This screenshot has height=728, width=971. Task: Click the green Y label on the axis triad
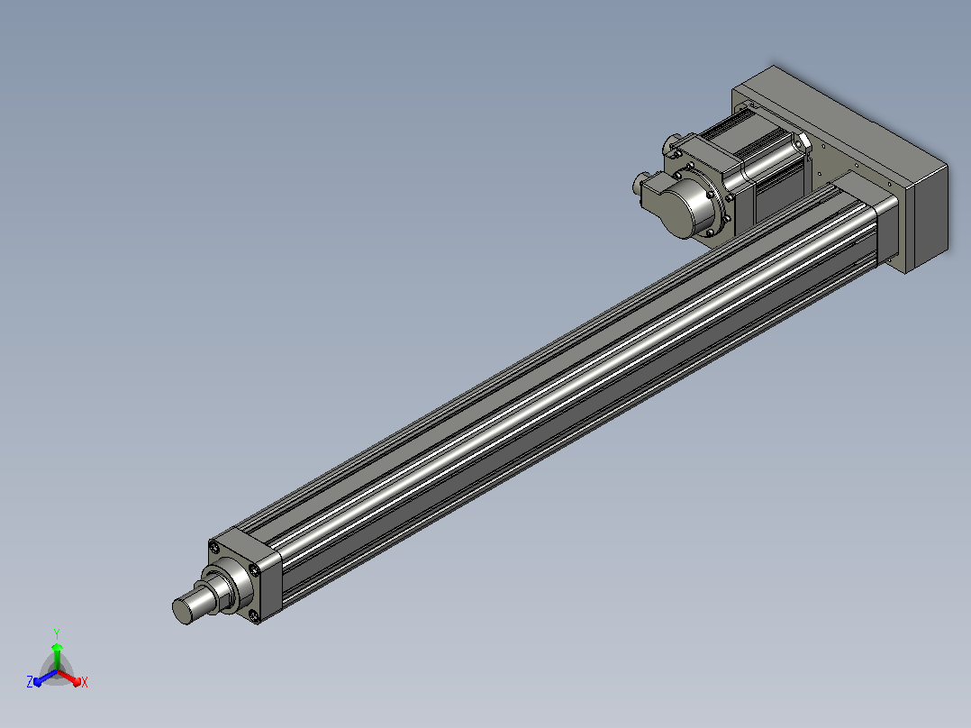57,633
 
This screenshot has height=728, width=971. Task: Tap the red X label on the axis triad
85,683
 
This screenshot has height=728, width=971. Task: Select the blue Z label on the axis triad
29,681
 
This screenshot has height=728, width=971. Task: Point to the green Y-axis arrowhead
57,647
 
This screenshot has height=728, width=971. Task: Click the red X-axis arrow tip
77,683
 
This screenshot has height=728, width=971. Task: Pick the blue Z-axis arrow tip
37,682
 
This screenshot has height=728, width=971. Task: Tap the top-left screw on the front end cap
215,548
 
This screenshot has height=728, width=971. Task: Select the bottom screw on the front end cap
253,614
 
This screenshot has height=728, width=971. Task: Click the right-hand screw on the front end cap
254,570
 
